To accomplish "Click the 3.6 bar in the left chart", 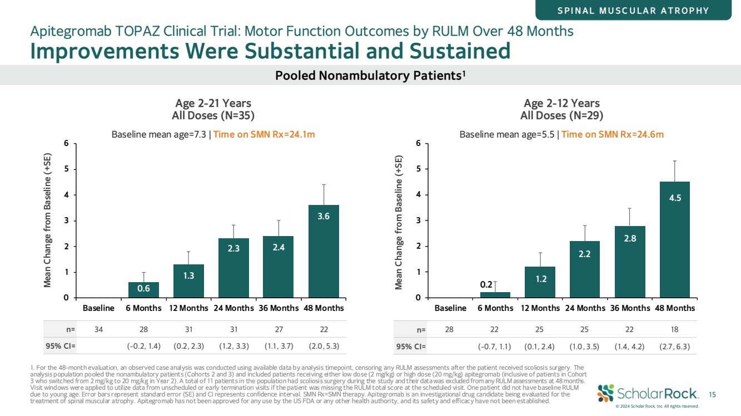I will [324, 251].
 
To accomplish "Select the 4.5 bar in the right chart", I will [674, 239].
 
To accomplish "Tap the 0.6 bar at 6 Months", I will [144, 290].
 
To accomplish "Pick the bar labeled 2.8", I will [630, 262].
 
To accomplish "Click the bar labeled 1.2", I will [540, 282].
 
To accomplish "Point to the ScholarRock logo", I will [647, 393].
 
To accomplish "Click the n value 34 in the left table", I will [99, 329].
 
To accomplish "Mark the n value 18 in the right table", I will [674, 329].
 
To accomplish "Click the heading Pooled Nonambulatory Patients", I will [370, 75].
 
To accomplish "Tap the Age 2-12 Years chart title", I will [561, 103].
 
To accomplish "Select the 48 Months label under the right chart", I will [674, 308].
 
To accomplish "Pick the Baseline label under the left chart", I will [99, 308].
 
